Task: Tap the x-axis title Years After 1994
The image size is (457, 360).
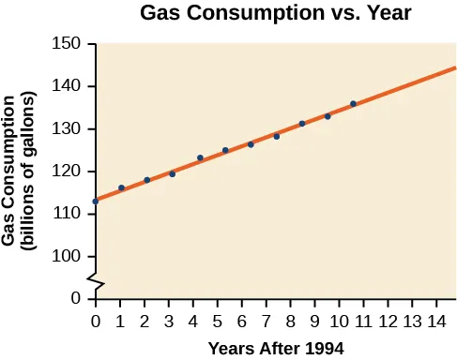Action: pyautogui.click(x=276, y=348)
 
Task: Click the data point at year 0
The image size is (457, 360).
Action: pyautogui.click(x=96, y=202)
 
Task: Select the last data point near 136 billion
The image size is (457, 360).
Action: pyautogui.click(x=353, y=104)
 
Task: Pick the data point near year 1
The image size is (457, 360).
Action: pyautogui.click(x=121, y=188)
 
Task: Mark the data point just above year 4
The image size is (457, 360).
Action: pyautogui.click(x=200, y=157)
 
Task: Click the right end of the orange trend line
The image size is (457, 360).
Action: pyautogui.click(x=454, y=67)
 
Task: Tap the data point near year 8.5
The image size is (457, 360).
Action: pyautogui.click(x=302, y=124)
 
